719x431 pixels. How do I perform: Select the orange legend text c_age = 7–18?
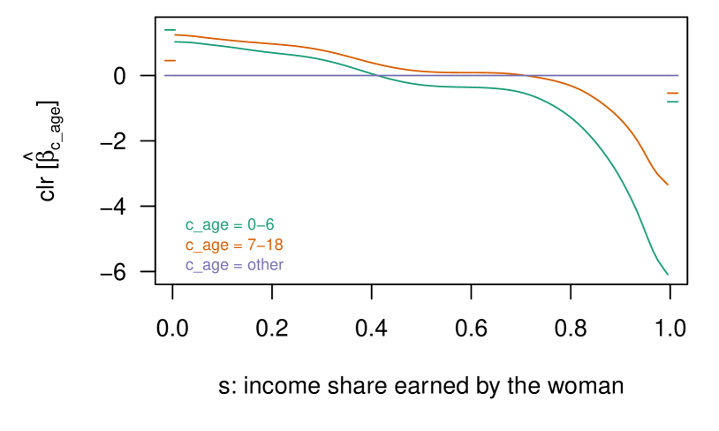click(234, 245)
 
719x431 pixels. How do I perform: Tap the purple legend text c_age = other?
click(234, 265)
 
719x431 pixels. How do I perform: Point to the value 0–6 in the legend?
click(261, 224)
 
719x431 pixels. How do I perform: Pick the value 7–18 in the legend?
click(265, 245)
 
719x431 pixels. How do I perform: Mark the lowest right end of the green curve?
click(667, 274)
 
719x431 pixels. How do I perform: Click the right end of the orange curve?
click(667, 184)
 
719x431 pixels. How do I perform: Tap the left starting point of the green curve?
click(176, 42)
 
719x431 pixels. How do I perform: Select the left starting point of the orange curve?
click(176, 34)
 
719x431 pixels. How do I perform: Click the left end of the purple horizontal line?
click(165, 75)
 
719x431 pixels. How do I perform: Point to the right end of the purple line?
click(677, 75)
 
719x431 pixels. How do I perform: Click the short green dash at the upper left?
click(170, 30)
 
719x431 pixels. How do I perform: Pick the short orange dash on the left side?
click(170, 60)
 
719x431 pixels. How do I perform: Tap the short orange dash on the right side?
click(672, 93)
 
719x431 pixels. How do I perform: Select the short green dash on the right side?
click(672, 102)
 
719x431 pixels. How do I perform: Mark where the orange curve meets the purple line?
click(528, 75)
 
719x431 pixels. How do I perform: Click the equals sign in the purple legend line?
click(238, 265)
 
